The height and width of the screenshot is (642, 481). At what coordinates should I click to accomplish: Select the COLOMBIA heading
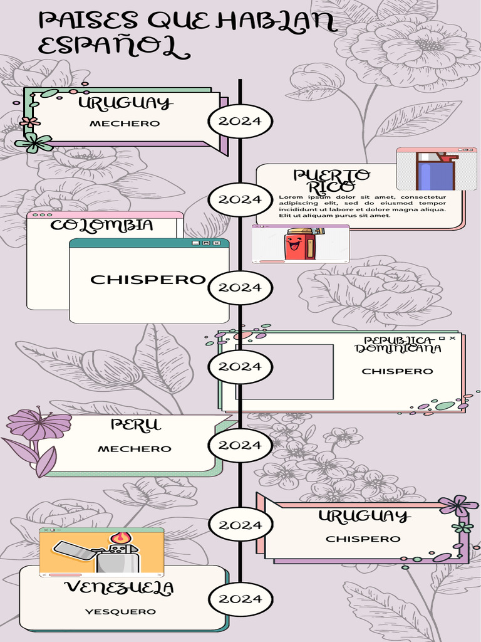101,225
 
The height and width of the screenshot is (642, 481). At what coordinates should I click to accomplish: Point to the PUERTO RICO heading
331,181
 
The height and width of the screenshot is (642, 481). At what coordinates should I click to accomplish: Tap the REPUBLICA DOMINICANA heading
398,345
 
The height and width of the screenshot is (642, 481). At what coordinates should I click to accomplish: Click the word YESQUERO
121,611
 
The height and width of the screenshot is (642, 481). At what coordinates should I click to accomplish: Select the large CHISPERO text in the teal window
148,280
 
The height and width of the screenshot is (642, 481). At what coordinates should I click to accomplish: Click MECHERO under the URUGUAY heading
125,124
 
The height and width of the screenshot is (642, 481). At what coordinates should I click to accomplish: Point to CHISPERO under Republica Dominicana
397,371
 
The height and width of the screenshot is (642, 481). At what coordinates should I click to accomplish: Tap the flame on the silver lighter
121,538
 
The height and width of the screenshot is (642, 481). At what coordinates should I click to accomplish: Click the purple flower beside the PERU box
39,424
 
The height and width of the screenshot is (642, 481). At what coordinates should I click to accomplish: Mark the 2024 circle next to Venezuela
240,599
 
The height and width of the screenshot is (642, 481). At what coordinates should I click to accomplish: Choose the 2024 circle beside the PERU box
240,445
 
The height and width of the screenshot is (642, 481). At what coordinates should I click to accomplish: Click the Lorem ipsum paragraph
362,206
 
